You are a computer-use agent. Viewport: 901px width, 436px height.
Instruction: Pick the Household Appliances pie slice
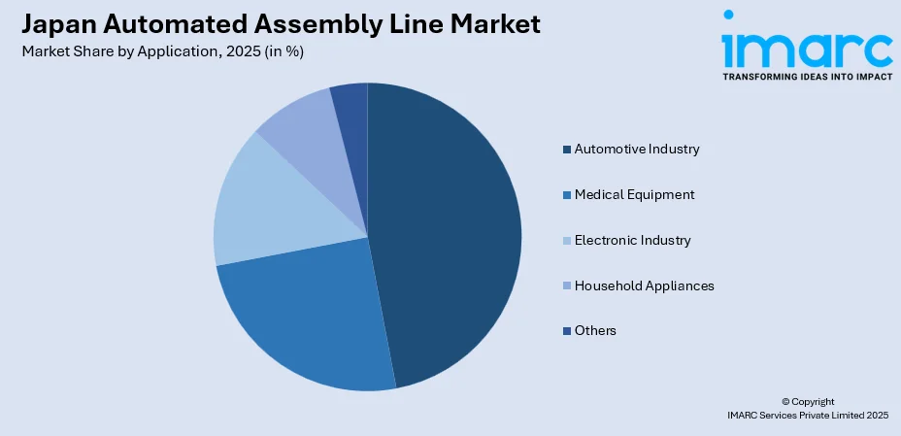click(x=296, y=126)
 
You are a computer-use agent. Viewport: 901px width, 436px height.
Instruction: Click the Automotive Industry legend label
click(x=636, y=149)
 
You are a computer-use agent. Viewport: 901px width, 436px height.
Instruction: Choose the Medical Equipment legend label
click(x=634, y=194)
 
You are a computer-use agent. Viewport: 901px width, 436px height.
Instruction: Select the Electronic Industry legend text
click(x=632, y=240)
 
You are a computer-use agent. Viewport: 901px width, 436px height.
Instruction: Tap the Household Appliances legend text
click(x=644, y=285)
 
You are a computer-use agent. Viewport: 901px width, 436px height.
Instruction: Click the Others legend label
click(x=595, y=331)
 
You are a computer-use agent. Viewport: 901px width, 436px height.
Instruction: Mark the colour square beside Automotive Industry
click(x=566, y=150)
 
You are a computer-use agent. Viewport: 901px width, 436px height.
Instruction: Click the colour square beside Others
click(x=566, y=331)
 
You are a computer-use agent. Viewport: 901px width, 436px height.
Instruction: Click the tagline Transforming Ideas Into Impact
click(x=807, y=76)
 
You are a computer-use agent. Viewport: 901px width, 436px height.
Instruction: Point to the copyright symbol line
click(x=807, y=401)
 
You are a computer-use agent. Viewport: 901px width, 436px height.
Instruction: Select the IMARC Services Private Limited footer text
click(x=807, y=415)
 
